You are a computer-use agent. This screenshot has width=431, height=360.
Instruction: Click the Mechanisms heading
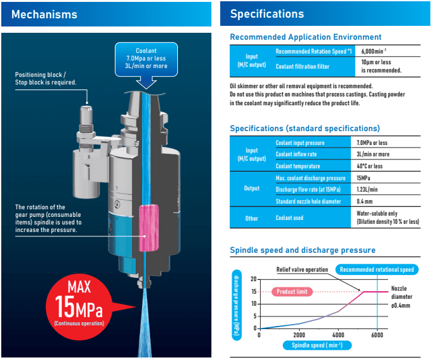(44, 14)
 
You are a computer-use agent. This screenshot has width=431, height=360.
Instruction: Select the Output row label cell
(251, 189)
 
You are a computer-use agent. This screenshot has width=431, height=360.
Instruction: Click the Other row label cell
(251, 218)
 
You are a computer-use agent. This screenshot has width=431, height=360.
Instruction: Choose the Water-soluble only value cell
(387, 218)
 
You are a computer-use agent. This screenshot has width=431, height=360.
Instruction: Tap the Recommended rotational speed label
(377, 269)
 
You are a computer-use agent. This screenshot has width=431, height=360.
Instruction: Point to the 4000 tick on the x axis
(338, 335)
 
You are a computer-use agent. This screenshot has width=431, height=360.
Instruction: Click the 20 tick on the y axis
(253, 279)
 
